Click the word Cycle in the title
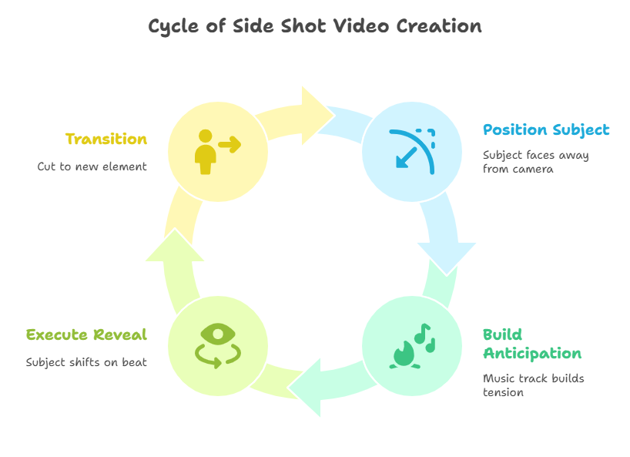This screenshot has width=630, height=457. click(173, 27)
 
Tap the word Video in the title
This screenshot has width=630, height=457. click(361, 26)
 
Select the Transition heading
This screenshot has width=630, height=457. click(106, 139)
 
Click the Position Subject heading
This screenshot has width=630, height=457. click(546, 130)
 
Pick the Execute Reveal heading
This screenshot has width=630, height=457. click(87, 334)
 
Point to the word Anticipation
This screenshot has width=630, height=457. click(532, 354)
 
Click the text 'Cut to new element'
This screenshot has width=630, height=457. click(92, 166)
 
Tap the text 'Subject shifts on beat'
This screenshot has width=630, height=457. click(86, 362)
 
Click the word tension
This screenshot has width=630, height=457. click(503, 392)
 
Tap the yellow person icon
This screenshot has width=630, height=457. click(206, 152)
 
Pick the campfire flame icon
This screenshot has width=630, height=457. click(404, 355)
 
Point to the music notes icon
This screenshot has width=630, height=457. click(424, 338)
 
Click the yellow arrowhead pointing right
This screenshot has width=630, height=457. click(317, 116)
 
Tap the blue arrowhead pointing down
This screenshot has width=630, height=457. click(447, 258)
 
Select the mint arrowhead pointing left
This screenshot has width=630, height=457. click(306, 388)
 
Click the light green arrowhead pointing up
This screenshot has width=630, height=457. click(175, 246)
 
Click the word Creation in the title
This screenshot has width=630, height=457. click(439, 26)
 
